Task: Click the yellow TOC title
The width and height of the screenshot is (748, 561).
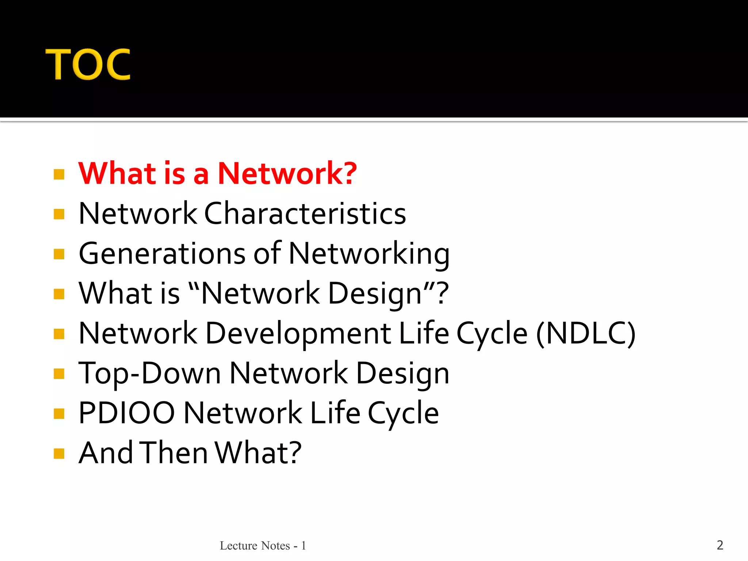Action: [x=88, y=65]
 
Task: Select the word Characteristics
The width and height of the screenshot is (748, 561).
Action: [x=305, y=213]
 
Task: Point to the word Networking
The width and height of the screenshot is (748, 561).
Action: [x=369, y=253]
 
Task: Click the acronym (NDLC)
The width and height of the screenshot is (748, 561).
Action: [x=586, y=333]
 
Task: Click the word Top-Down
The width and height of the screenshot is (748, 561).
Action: [x=150, y=373]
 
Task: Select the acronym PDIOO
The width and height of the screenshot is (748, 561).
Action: [x=127, y=413]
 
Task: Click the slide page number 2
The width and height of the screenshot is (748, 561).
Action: [x=720, y=545]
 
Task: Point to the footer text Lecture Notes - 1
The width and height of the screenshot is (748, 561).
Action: [x=263, y=546]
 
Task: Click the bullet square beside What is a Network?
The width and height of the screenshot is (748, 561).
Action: [x=59, y=174]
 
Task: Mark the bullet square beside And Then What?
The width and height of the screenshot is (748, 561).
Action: [x=59, y=454]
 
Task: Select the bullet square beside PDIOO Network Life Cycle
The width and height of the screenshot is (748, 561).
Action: [x=59, y=413]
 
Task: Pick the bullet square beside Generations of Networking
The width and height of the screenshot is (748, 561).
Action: [x=59, y=254]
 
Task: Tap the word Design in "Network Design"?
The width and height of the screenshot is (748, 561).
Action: [x=375, y=293]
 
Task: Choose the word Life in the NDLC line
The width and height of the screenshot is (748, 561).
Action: [x=424, y=333]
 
